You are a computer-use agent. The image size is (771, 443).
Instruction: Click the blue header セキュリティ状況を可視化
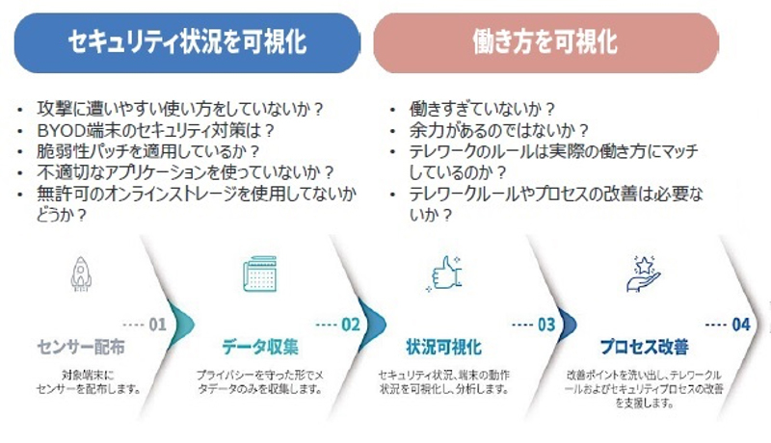[187, 41]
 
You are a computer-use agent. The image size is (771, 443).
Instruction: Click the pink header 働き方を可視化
[545, 41]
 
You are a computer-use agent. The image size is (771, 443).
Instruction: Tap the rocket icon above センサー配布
[81, 274]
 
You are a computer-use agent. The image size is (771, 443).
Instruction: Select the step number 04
[740, 325]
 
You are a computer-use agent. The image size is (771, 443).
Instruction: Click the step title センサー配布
[81, 347]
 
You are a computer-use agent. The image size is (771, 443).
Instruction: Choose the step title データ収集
[260, 347]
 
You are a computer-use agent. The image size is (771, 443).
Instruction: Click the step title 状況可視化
[443, 347]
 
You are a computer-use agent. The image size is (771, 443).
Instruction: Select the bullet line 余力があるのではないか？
[486, 130]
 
